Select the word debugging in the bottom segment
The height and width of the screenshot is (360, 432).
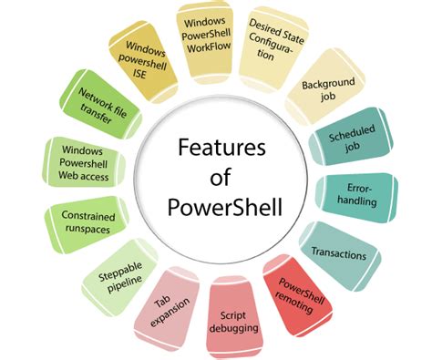point(235,326)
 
